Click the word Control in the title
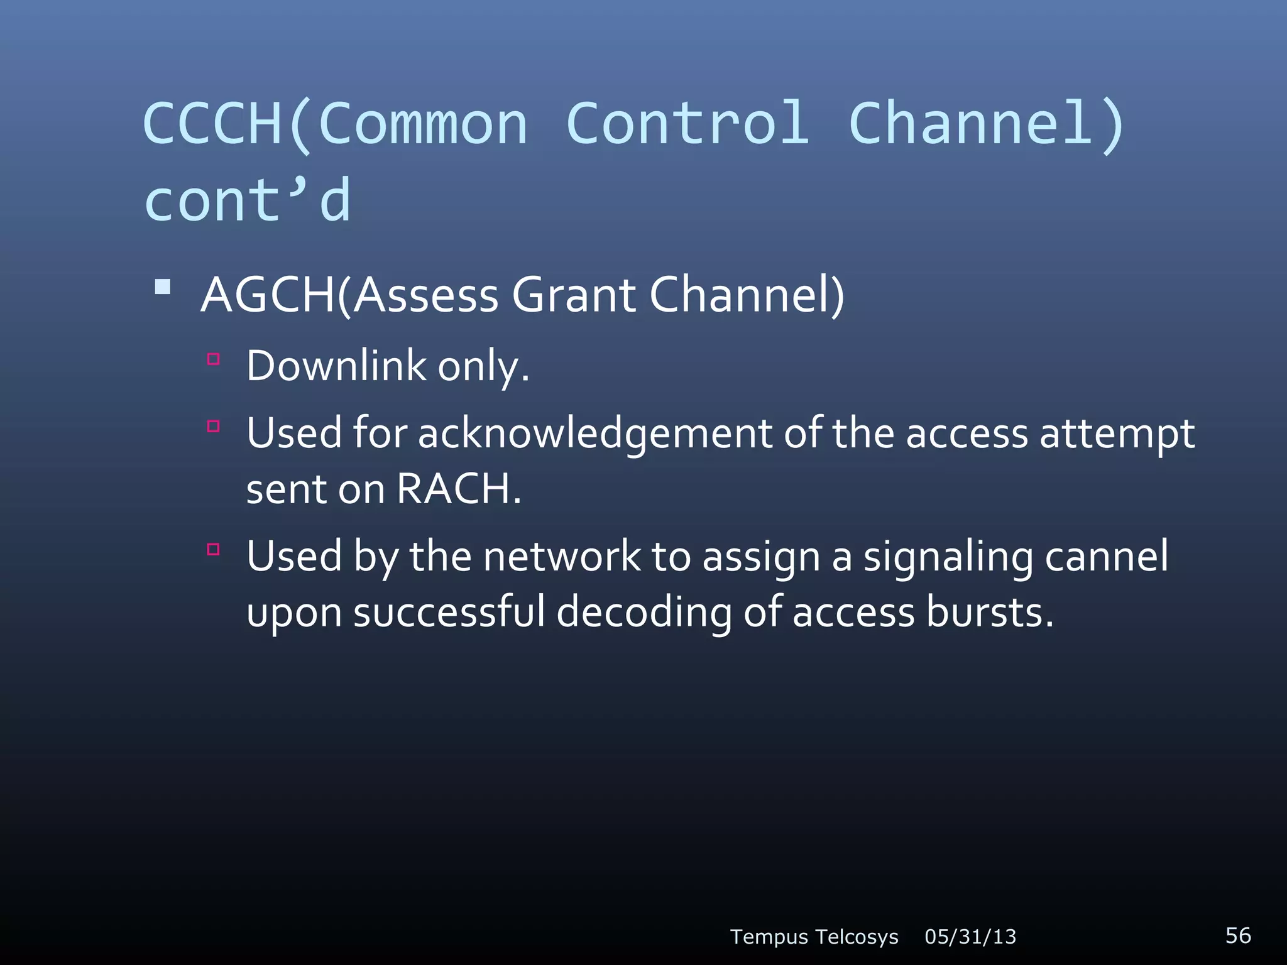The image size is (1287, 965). tap(687, 123)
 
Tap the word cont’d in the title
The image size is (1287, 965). tap(247, 200)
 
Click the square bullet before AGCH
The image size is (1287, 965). tap(163, 287)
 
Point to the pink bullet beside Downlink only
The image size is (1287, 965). tap(214, 359)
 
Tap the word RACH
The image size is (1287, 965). tap(459, 489)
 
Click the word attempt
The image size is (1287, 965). tap(1117, 435)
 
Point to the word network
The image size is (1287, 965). tap(562, 557)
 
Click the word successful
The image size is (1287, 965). tap(449, 612)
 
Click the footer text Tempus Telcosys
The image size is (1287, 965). tap(814, 937)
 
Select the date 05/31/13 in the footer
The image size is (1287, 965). tap(970, 937)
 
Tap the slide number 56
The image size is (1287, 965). tap(1238, 935)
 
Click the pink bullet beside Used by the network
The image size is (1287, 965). tap(214, 550)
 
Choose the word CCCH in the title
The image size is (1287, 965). tap(213, 123)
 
